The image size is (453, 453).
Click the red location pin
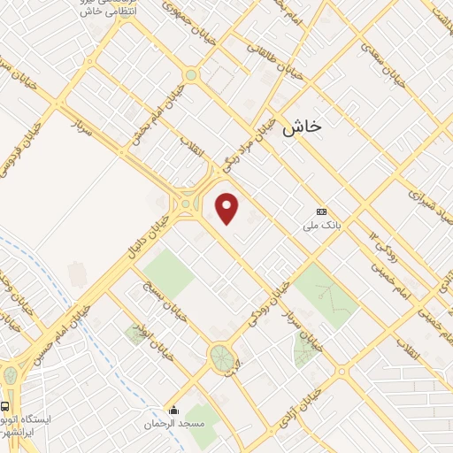coord(228,209)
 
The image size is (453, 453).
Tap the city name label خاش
coord(303,128)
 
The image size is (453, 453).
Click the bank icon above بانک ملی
coord(321,212)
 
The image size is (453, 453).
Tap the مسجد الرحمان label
coord(174,425)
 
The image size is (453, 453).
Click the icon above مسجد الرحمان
coord(174,411)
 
